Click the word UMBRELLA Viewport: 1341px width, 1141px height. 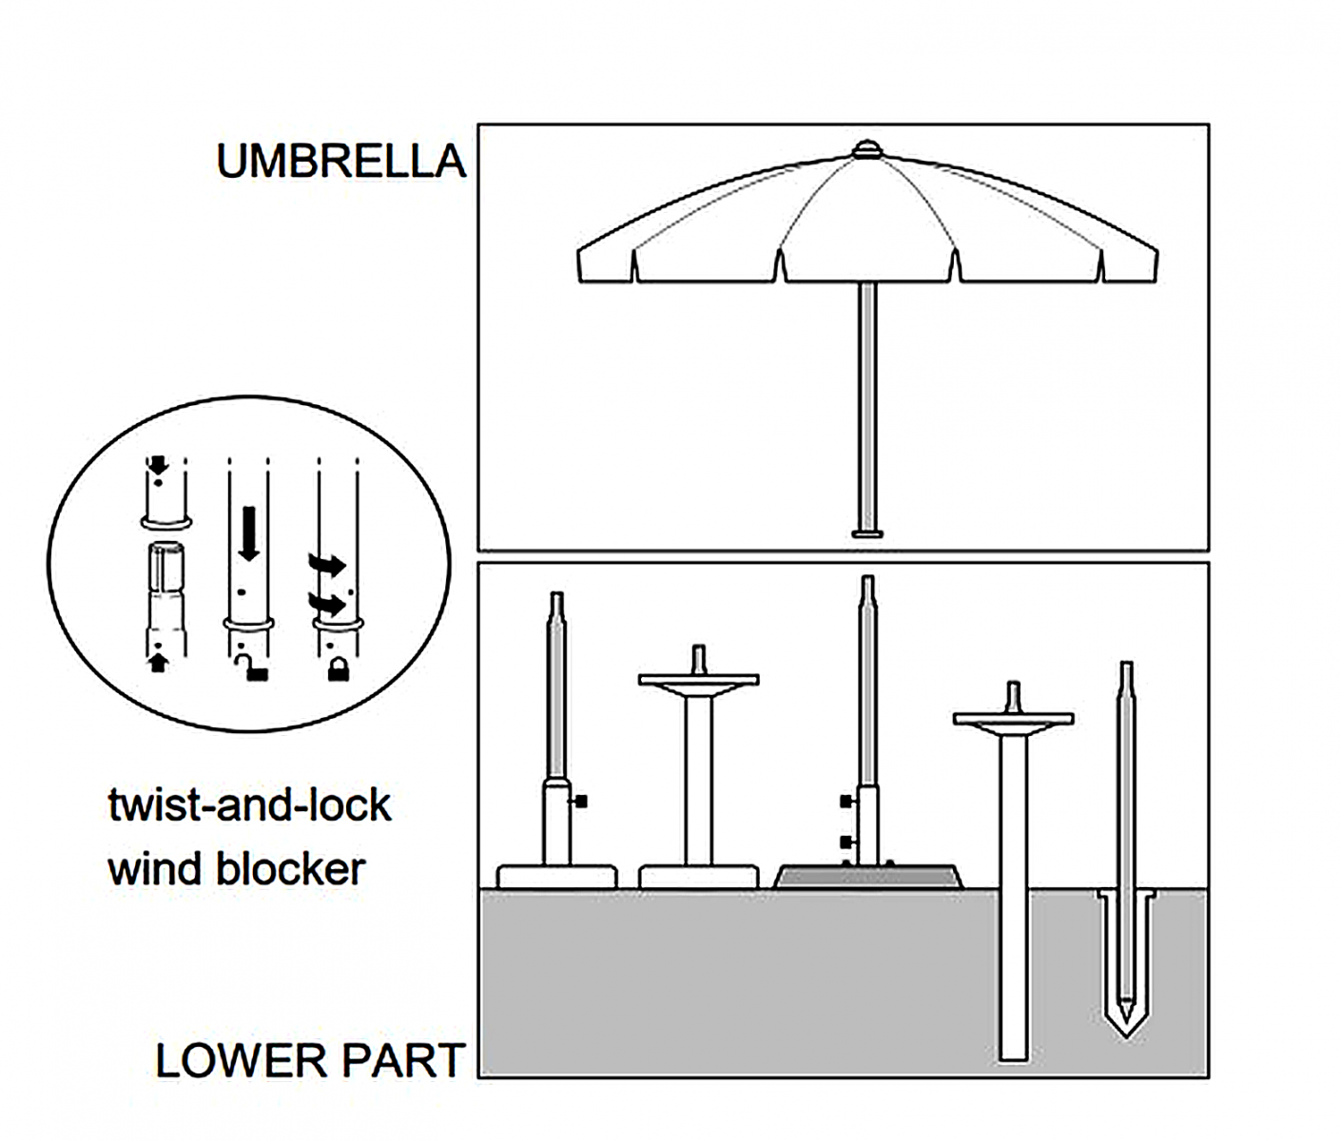pos(340,162)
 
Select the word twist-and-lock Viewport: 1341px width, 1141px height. pos(249,805)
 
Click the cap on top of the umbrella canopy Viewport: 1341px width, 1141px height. pos(866,150)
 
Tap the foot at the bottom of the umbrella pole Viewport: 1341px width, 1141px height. pos(866,533)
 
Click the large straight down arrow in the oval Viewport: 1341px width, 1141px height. pos(249,533)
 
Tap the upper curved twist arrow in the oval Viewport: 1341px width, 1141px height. pos(327,565)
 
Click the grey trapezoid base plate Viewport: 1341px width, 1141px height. pos(868,876)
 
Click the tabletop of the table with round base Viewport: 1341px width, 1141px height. pos(698,680)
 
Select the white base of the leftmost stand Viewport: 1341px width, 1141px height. pos(556,876)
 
